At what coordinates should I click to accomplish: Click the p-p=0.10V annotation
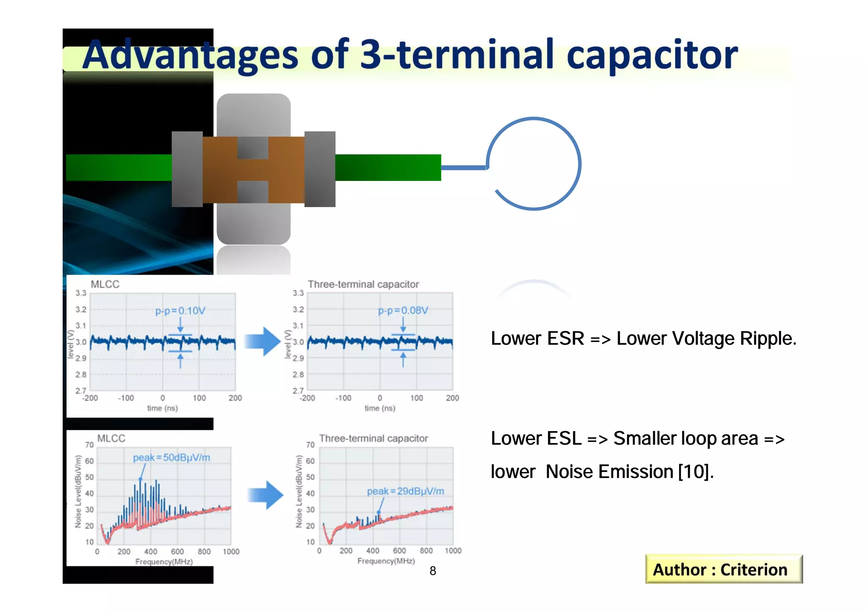coord(180,311)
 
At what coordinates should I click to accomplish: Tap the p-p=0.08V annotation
coord(403,311)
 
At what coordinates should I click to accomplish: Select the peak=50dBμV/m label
coord(171,458)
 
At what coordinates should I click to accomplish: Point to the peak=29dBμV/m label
coord(405,491)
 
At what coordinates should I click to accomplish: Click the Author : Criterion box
coord(723,569)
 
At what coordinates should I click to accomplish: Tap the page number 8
coord(433,571)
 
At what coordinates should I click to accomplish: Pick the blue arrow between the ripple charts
coord(263,341)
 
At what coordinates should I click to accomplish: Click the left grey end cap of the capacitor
coord(187,169)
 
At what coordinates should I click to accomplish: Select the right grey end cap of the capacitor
coord(320,169)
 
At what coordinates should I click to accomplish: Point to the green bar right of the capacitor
coord(388,168)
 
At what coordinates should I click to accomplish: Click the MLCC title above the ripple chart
coord(105,284)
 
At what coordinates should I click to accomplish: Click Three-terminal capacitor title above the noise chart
coord(373,439)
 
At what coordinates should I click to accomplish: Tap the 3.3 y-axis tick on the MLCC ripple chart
coord(81,293)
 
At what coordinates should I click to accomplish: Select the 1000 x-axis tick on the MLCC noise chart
coord(231,552)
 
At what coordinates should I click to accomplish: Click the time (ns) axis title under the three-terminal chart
coord(380,408)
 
